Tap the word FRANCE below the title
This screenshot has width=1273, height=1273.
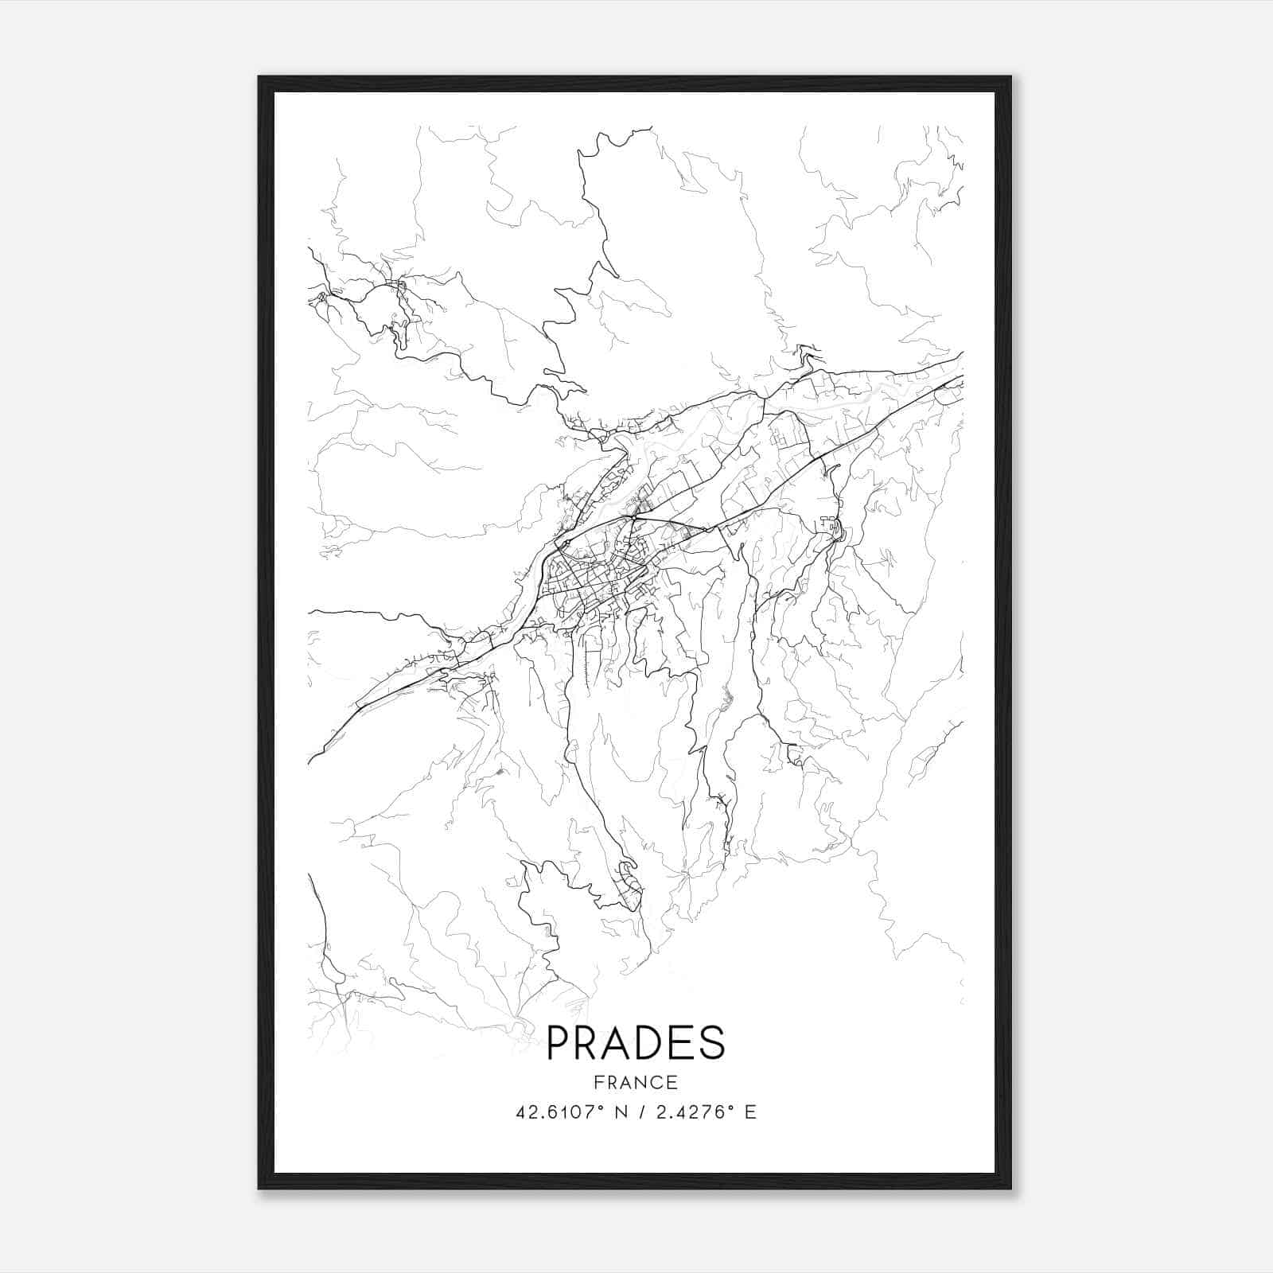636,1083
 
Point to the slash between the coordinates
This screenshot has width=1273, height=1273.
641,1112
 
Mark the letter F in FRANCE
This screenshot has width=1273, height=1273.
598,1083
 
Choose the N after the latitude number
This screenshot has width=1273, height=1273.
623,1112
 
